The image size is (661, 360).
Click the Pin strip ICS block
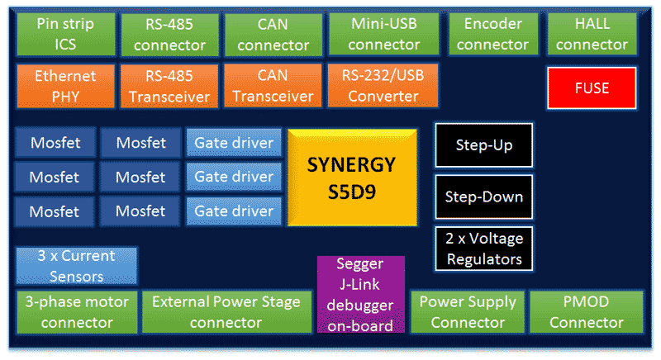65,34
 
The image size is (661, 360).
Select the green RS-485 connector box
169,34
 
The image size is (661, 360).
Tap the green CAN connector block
273,34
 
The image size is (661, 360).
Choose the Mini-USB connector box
384,34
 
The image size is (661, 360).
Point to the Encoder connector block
492,34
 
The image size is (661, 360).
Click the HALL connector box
592,34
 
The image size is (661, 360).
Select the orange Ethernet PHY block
65,86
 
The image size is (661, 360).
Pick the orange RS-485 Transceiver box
169,86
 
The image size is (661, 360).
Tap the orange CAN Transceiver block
273,86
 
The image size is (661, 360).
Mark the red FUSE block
592,88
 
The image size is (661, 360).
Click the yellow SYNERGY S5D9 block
351,177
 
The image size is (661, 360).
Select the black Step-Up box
484,145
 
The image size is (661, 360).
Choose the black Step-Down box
484,197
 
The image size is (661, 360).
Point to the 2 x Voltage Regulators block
484,249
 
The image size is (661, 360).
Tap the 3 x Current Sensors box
76,266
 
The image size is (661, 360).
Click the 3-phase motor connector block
77,311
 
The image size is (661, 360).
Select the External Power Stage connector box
226,311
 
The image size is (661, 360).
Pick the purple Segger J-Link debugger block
361,294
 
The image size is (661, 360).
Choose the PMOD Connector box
587,311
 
